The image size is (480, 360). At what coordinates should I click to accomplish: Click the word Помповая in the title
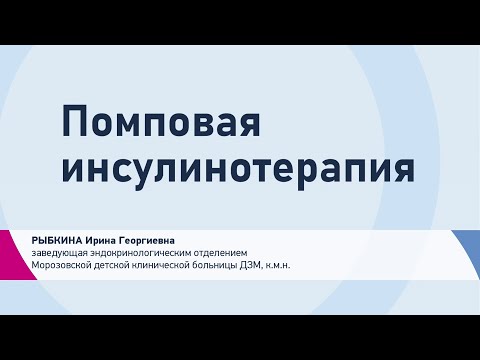point(161,121)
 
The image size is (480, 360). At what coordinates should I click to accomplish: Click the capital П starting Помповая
point(74,121)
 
